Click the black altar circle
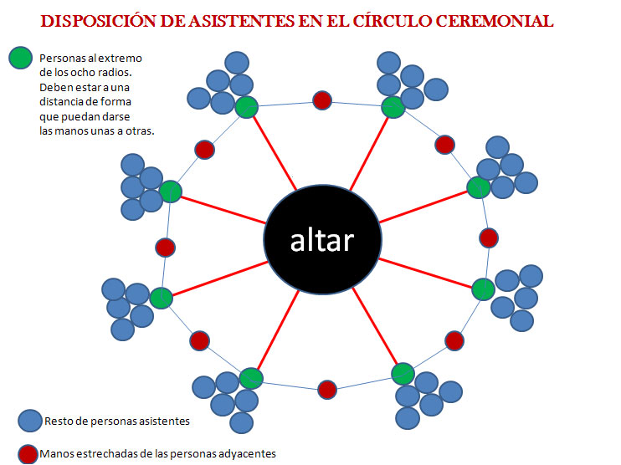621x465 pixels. point(323,239)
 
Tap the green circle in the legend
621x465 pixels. point(21,58)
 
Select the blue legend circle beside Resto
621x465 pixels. point(30,421)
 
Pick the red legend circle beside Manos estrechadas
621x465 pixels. point(28,454)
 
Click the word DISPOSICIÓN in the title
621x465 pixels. point(99,22)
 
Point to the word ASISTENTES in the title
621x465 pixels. point(241,22)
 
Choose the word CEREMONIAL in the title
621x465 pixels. point(495,22)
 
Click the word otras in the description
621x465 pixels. point(140,131)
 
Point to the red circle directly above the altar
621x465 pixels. point(322,100)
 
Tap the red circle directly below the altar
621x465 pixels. point(327,390)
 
